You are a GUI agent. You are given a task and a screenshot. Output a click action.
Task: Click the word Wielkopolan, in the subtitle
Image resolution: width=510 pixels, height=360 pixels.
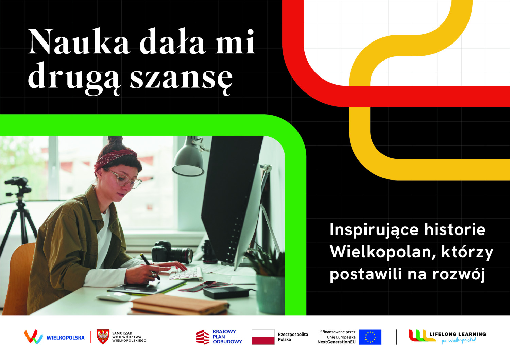[x=383, y=252]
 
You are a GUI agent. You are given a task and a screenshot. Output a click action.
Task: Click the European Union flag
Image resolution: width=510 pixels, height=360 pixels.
[x=370, y=337]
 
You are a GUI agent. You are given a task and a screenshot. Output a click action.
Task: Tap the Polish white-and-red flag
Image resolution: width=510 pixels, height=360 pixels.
[x=263, y=337]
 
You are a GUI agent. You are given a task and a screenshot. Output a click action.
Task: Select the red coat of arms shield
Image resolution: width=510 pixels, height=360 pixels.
[x=103, y=337]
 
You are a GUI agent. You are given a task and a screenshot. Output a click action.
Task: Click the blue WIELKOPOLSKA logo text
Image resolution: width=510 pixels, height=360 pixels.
[x=66, y=338]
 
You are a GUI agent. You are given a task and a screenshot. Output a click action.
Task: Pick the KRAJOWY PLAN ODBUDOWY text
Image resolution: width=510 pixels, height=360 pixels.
[x=227, y=337]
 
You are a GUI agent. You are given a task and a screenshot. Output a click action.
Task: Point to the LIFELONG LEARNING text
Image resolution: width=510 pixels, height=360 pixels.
[x=458, y=334]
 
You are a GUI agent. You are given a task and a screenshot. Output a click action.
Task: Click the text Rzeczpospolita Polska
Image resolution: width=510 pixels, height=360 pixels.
[x=293, y=337]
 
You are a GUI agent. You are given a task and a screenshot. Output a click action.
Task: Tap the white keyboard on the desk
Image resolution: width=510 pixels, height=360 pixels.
[x=186, y=274]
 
